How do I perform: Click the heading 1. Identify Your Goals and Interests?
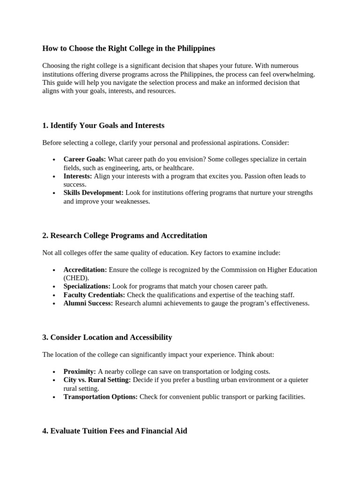click(x=103, y=125)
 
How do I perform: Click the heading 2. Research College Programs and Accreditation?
click(x=125, y=235)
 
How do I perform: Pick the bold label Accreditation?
click(x=85, y=270)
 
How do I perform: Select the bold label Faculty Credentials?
click(x=94, y=295)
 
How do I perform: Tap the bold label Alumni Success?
click(x=88, y=303)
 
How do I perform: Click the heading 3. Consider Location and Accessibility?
click(x=107, y=337)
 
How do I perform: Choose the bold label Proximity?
click(x=80, y=371)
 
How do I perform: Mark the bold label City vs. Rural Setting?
click(x=97, y=380)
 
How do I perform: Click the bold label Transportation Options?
click(x=100, y=397)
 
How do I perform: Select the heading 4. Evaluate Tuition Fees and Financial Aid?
click(x=114, y=430)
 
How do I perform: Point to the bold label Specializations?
click(x=87, y=286)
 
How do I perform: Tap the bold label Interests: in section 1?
click(x=78, y=176)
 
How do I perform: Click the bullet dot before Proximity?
click(x=54, y=372)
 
